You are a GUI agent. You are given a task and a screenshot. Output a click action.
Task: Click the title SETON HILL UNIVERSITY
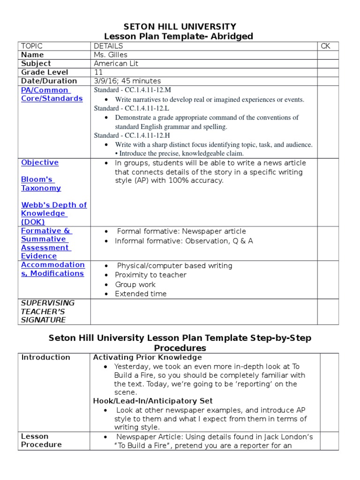[x=180, y=27]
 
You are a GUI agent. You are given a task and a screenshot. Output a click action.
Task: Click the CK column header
[x=326, y=46]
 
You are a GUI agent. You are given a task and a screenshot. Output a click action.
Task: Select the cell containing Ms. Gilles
[x=111, y=55]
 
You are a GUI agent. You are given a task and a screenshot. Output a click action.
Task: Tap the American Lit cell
[x=116, y=63]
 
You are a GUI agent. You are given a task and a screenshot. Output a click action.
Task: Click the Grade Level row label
[x=45, y=72]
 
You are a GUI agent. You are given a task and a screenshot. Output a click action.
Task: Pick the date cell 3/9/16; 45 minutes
[x=127, y=81]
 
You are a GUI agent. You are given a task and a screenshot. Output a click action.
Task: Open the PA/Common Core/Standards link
[x=52, y=94]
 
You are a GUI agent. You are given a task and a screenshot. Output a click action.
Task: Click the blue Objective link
[x=40, y=163]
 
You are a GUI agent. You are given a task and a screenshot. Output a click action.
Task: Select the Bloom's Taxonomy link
[x=41, y=184]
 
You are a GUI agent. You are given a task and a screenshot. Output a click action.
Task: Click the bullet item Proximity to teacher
[x=150, y=275]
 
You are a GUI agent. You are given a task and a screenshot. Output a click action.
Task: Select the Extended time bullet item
[x=141, y=294]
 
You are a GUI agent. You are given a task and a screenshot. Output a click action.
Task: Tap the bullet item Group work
[x=135, y=285]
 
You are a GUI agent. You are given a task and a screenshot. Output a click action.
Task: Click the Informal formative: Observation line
[x=184, y=241]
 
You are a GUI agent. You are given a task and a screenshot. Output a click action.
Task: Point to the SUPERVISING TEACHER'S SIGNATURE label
[x=47, y=311]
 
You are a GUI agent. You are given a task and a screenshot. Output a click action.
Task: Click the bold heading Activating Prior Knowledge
[x=148, y=357]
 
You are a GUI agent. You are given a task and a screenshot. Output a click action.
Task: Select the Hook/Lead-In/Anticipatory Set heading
[x=153, y=401]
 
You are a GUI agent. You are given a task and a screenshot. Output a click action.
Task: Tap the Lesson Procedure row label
[x=41, y=440]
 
